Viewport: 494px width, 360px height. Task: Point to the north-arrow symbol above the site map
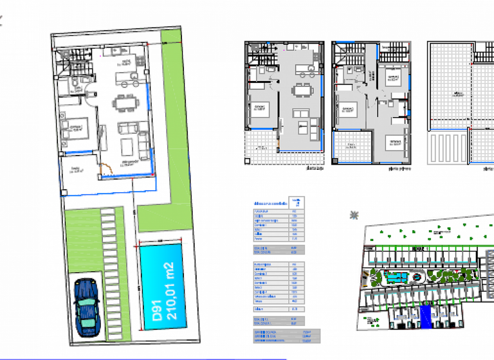pyautogui.click(x=353, y=215)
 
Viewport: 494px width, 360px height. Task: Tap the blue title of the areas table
pyautogui.click(x=271, y=203)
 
